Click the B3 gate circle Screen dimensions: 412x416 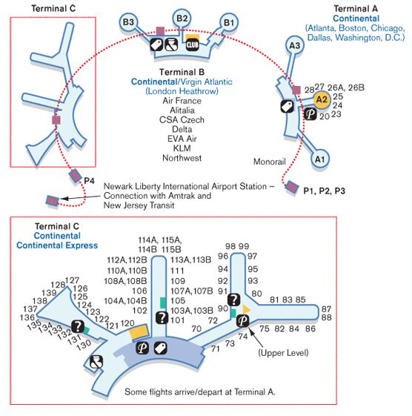pos(128,22)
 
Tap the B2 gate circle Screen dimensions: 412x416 pos(182,19)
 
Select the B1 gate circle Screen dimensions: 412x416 pos(229,22)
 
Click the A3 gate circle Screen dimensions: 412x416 pos(295,45)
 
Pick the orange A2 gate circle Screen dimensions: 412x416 pos(322,100)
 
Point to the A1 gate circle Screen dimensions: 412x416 pos(319,159)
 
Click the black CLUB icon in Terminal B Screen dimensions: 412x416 pos(193,44)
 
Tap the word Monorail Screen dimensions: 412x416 pos(270,162)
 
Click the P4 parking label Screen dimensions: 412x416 pos(89,181)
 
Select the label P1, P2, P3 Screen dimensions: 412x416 pos(324,191)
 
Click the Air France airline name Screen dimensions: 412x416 pos(182,101)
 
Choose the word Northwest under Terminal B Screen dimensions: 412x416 pos(182,158)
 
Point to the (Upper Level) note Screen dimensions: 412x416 pos(283,353)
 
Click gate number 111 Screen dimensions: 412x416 pos(177,271)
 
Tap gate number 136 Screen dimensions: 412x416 pos(27,317)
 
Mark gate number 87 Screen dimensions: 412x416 pos(326,309)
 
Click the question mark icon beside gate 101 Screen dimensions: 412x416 pos(162,317)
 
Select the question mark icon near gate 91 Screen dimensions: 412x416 pos(234,300)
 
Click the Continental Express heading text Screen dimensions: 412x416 pos(57,245)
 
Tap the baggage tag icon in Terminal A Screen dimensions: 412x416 pos(287,106)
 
